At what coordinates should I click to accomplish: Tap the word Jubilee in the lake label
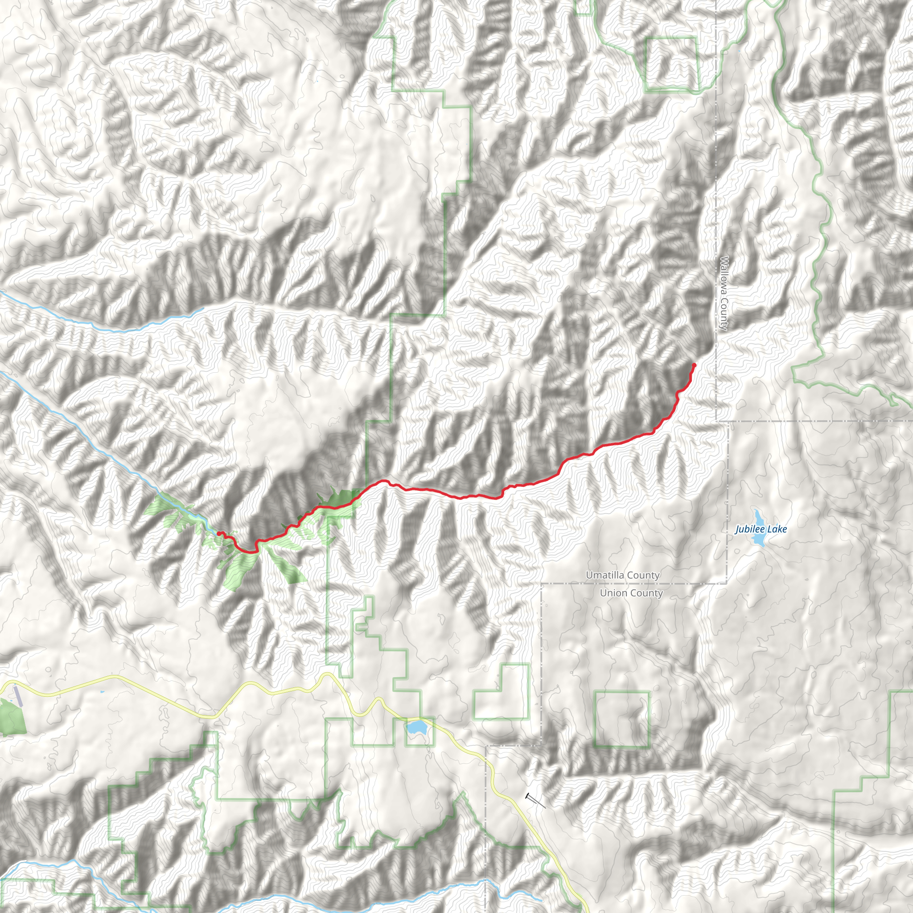point(749,529)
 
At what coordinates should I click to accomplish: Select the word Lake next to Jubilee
point(778,529)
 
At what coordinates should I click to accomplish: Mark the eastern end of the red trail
point(694,365)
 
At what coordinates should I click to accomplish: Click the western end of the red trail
point(218,534)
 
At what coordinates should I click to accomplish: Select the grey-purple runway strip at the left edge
point(17,696)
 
